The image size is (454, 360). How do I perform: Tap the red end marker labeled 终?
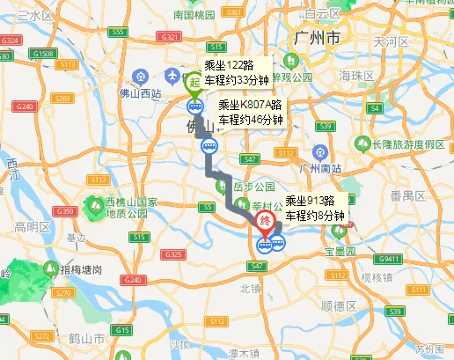coord(263,224)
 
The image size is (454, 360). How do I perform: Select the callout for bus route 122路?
coord(236,72)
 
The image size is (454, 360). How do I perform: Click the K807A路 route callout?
coord(250,114)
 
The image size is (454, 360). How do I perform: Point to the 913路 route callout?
coord(316,207)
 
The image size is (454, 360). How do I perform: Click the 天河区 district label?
coord(391,41)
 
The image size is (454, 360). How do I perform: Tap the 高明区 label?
coord(33,226)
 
